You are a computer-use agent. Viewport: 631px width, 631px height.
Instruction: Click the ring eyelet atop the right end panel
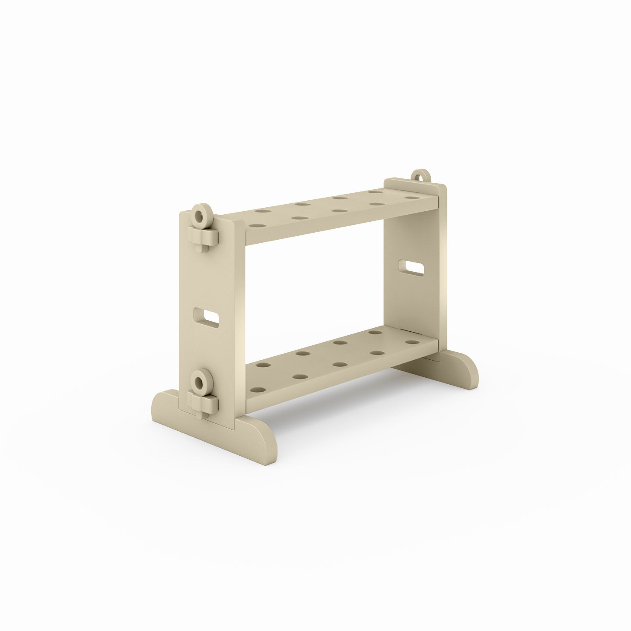tap(421, 176)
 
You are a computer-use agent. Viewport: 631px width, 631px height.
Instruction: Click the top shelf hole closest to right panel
tap(410, 199)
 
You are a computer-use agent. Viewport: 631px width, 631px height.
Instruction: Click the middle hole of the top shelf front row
tap(337, 211)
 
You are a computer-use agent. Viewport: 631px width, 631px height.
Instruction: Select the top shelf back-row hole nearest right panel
tap(375, 192)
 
